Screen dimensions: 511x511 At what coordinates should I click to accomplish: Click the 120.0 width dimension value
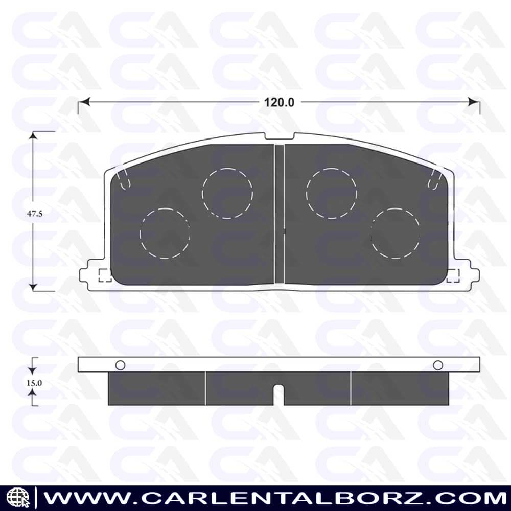click(279, 102)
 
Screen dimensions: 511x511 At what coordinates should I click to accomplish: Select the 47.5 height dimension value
click(35, 214)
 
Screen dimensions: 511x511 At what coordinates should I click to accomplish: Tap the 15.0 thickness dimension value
click(34, 383)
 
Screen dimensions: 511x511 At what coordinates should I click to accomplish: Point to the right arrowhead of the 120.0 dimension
click(474, 102)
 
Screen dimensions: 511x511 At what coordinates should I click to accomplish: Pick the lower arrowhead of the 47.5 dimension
click(33, 287)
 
